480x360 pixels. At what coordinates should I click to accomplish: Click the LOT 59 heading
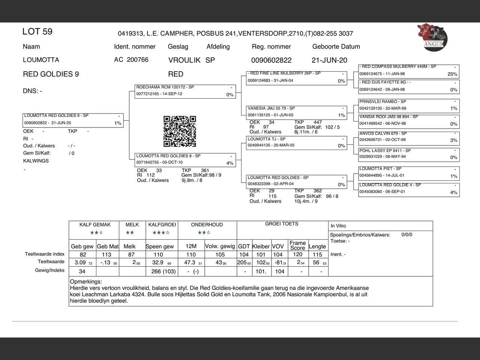37,31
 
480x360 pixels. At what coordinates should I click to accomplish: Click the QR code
180,131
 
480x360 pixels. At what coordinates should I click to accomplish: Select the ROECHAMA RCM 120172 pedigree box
185,91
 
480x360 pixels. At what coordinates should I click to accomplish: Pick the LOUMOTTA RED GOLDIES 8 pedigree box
185,159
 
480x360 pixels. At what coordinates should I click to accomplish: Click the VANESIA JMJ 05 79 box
296,112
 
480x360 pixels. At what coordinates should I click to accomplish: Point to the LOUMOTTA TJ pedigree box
296,142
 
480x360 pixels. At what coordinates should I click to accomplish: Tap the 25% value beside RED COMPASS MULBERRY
452,74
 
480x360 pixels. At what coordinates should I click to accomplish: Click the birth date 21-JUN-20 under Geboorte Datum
329,60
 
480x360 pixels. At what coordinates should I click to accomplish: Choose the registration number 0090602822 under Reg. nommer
271,60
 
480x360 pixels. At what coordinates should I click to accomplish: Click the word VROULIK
184,60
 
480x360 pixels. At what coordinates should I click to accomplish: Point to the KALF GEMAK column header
95,225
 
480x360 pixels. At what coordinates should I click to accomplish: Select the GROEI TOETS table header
282,224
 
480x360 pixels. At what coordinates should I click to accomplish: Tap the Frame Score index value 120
297,254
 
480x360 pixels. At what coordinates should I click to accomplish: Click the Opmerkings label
86,281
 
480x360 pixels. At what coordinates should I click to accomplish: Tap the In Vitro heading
338,226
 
